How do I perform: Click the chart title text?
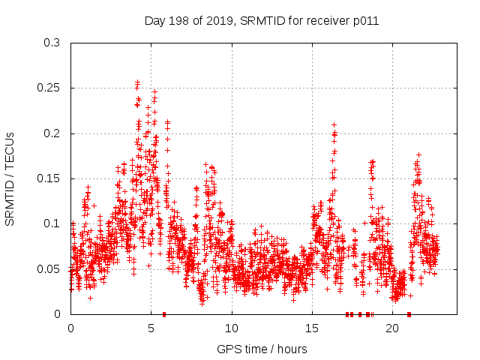[x=261, y=21]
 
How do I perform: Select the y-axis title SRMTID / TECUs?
[x=10, y=178]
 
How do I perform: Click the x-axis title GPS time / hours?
[x=261, y=349]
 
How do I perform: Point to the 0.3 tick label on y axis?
[x=52, y=43]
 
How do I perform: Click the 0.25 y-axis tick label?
[x=49, y=88]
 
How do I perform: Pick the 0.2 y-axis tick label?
[x=52, y=133]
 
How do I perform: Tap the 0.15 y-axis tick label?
[x=49, y=178]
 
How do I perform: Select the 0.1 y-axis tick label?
[x=52, y=223]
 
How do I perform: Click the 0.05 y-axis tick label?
[x=49, y=268]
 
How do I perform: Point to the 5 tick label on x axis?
[x=151, y=328]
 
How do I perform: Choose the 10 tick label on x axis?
[x=232, y=328]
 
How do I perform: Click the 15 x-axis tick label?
[x=312, y=328]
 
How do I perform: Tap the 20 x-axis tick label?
[x=392, y=328]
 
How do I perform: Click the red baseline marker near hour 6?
[x=164, y=313]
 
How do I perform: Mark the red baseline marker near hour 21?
[x=409, y=313]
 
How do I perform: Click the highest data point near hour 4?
[x=137, y=82]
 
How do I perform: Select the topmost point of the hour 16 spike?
[x=334, y=124]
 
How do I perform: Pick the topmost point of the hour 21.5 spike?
[x=418, y=154]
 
